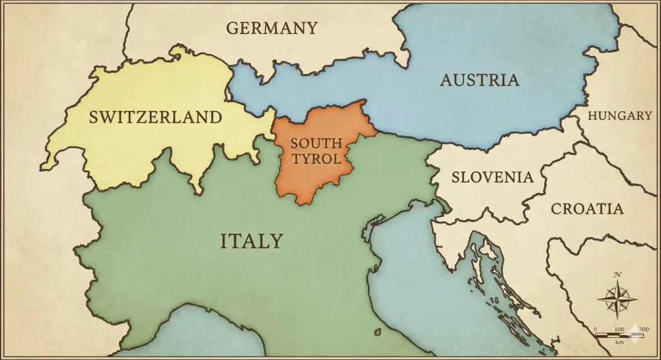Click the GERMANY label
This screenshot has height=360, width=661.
[272, 28]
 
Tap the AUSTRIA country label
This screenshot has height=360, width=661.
[480, 80]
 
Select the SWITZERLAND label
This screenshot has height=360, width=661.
[156, 117]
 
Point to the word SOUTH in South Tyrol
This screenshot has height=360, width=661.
[316, 143]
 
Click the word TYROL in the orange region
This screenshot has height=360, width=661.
[316, 158]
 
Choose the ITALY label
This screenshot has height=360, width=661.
[252, 241]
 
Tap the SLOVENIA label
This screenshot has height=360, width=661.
[493, 177]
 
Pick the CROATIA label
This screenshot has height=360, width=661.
[587, 208]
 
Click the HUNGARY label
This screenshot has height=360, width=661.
[620, 115]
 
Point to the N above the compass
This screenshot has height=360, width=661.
[618, 275]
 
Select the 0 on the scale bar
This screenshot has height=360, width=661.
[595, 329]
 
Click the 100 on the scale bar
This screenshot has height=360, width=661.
[619, 329]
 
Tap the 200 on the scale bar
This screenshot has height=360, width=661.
[643, 329]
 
